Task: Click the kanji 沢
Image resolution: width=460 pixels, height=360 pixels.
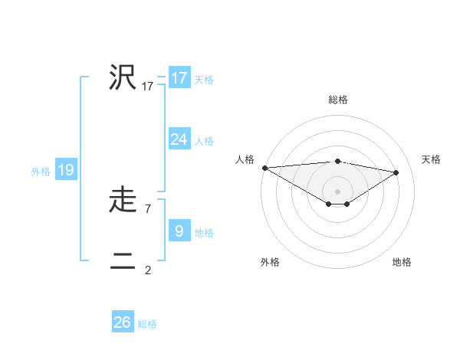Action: (123, 77)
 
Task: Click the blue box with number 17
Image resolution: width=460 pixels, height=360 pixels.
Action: (179, 77)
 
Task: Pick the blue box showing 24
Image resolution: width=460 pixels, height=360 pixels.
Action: (179, 139)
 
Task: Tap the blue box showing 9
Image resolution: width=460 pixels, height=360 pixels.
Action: (179, 231)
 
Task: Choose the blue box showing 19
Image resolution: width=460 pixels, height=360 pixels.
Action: (66, 170)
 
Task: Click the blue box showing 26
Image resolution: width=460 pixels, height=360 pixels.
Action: (122, 322)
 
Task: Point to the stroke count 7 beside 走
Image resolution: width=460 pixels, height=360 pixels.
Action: (147, 208)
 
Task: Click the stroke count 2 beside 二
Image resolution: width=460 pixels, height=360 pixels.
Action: (147, 270)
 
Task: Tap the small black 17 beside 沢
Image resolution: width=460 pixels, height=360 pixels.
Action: (147, 87)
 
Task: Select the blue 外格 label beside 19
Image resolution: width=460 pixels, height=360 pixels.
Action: (41, 172)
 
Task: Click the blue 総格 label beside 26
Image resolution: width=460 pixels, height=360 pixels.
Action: (147, 324)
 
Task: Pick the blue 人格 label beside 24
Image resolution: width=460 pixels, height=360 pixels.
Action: (204, 141)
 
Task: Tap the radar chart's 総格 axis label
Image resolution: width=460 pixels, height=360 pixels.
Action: (337, 100)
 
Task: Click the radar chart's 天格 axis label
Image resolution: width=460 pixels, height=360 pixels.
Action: (431, 159)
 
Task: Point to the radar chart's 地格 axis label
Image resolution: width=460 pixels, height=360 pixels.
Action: (402, 262)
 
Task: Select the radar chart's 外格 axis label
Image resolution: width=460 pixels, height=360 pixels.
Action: (270, 262)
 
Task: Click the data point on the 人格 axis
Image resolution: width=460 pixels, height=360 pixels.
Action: (264, 167)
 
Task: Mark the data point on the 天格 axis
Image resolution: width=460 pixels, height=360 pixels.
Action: (396, 172)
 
